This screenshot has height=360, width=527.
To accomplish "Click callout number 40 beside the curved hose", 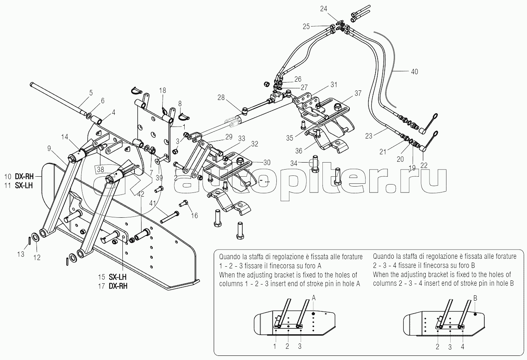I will tap(414, 72).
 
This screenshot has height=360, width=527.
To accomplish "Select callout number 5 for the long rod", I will tap(91, 92).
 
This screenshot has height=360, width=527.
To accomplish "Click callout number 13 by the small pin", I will tap(21, 255).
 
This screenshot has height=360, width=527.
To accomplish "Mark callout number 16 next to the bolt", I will tap(194, 216).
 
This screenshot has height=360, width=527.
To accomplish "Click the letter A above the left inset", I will tap(314, 297).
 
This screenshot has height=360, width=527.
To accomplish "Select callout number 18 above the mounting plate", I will tap(162, 90).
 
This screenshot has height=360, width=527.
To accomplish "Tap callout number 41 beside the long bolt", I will tap(153, 203).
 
